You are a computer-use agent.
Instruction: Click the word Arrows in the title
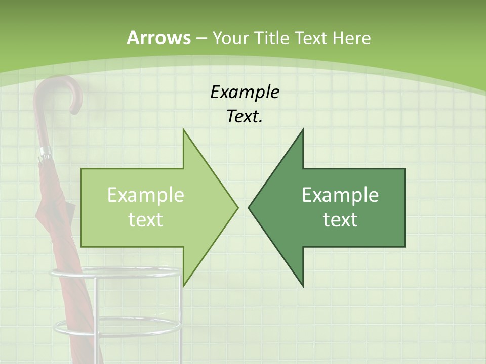(158, 38)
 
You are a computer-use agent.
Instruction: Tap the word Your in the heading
(230, 38)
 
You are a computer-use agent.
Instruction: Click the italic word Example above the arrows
(245, 93)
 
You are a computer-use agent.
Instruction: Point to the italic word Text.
(245, 117)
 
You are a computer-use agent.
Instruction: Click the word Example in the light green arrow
(146, 195)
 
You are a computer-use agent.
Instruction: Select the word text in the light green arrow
(146, 220)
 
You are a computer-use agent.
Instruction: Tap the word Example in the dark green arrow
(340, 195)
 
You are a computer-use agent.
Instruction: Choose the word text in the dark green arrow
(340, 220)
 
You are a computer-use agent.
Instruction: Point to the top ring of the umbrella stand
(115, 274)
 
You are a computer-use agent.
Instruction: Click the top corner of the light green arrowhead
(184, 130)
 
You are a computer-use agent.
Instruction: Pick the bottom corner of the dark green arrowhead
(303, 285)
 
